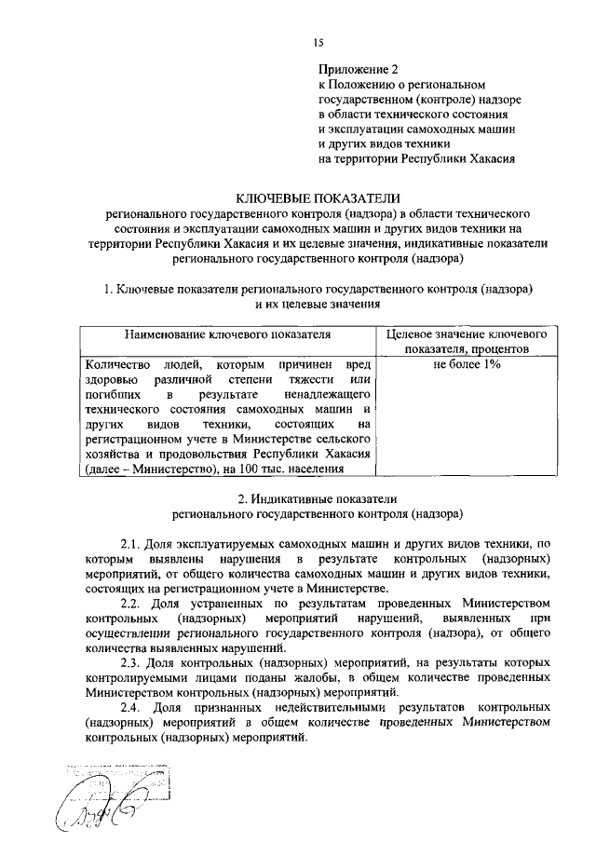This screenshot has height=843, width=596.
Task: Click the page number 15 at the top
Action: tap(318, 42)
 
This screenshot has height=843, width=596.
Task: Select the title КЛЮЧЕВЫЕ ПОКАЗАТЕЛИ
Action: tap(318, 197)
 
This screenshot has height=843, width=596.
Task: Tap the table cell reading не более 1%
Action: tap(467, 364)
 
